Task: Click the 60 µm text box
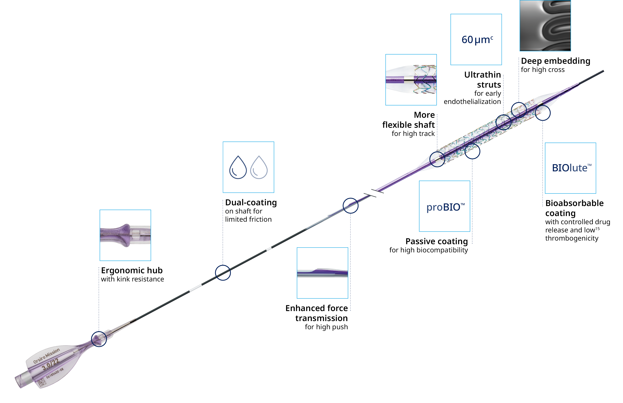(476, 39)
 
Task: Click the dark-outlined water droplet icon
(238, 168)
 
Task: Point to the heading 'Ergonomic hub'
(132, 270)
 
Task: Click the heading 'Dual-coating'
(251, 203)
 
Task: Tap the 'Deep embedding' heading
(555, 61)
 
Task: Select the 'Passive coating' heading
(436, 241)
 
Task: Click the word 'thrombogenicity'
(572, 238)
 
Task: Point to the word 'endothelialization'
(472, 102)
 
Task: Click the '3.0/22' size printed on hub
(51, 364)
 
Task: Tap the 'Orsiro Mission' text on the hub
(47, 356)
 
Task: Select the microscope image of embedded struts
(545, 25)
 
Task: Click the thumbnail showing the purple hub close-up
(125, 235)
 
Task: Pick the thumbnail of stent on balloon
(411, 80)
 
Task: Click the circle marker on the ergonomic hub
(99, 339)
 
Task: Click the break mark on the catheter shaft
(374, 193)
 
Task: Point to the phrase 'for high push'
(326, 327)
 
